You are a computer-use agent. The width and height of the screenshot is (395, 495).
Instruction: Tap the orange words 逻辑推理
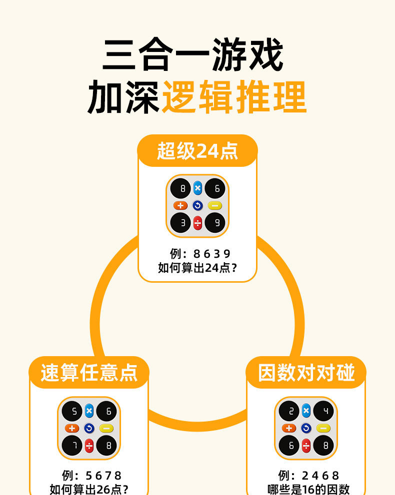coord(233,97)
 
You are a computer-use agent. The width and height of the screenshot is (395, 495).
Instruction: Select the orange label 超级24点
coord(197,151)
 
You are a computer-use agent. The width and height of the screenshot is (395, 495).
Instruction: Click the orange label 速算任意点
coord(89,373)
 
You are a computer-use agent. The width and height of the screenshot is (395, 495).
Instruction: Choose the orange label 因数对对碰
coord(306,373)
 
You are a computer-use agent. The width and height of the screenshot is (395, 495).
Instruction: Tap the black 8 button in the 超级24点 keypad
coord(180,189)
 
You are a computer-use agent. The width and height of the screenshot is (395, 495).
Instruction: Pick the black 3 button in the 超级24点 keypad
coord(180,223)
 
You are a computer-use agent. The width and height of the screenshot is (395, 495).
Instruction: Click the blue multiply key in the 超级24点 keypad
coord(197,188)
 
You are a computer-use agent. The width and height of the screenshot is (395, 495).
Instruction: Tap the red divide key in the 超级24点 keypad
coord(197,223)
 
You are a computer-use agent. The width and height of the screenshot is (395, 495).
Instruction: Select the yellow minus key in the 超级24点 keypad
coord(214,206)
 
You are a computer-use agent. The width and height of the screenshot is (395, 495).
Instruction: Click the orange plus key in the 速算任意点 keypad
coord(72,428)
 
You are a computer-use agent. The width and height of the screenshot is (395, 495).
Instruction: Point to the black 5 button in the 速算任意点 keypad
coord(72,411)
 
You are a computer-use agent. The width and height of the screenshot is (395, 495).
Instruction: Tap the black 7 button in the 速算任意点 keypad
coord(72,445)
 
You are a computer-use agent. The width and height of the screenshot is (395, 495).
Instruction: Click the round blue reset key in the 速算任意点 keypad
coord(89,428)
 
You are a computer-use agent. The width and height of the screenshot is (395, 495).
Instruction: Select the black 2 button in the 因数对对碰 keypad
coord(289,411)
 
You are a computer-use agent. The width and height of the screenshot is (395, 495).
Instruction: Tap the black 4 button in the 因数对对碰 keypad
coord(323,411)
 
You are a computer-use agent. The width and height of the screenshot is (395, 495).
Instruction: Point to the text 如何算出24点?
coord(197,268)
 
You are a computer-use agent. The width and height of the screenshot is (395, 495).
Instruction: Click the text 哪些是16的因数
coord(308,489)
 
